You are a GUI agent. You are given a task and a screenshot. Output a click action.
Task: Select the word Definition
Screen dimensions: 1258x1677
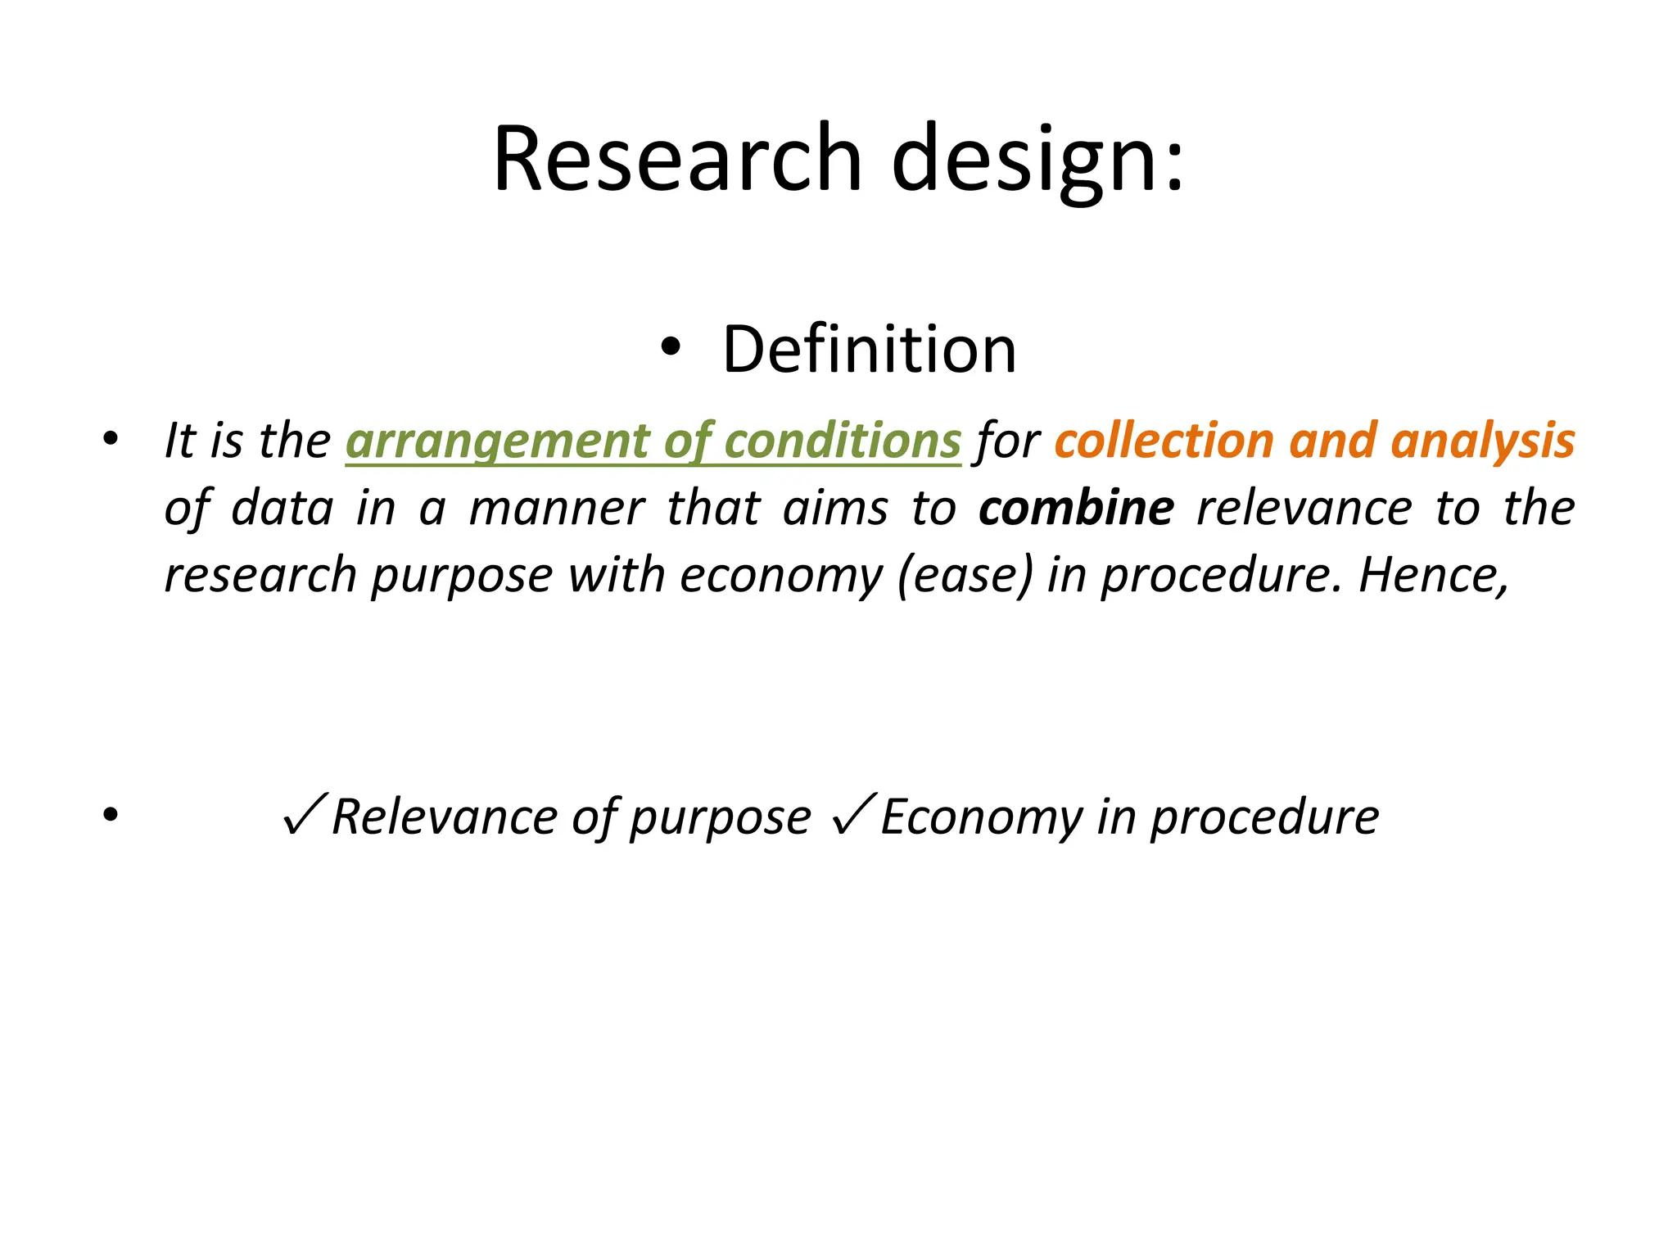point(869,350)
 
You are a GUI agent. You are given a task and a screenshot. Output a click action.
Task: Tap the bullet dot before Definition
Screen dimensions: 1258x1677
point(670,348)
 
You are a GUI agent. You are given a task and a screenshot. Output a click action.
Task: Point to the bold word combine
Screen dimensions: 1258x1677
point(1076,508)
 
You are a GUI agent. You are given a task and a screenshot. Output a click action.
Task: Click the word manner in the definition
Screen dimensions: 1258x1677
point(557,508)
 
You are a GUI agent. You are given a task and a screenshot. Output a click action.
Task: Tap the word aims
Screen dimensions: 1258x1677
point(835,508)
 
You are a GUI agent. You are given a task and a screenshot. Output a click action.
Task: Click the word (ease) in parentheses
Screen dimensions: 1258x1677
point(965,575)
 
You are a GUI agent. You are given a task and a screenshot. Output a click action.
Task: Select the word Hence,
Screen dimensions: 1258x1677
point(1433,575)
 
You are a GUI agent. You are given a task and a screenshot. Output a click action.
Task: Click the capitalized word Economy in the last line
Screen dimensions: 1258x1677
point(981,817)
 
